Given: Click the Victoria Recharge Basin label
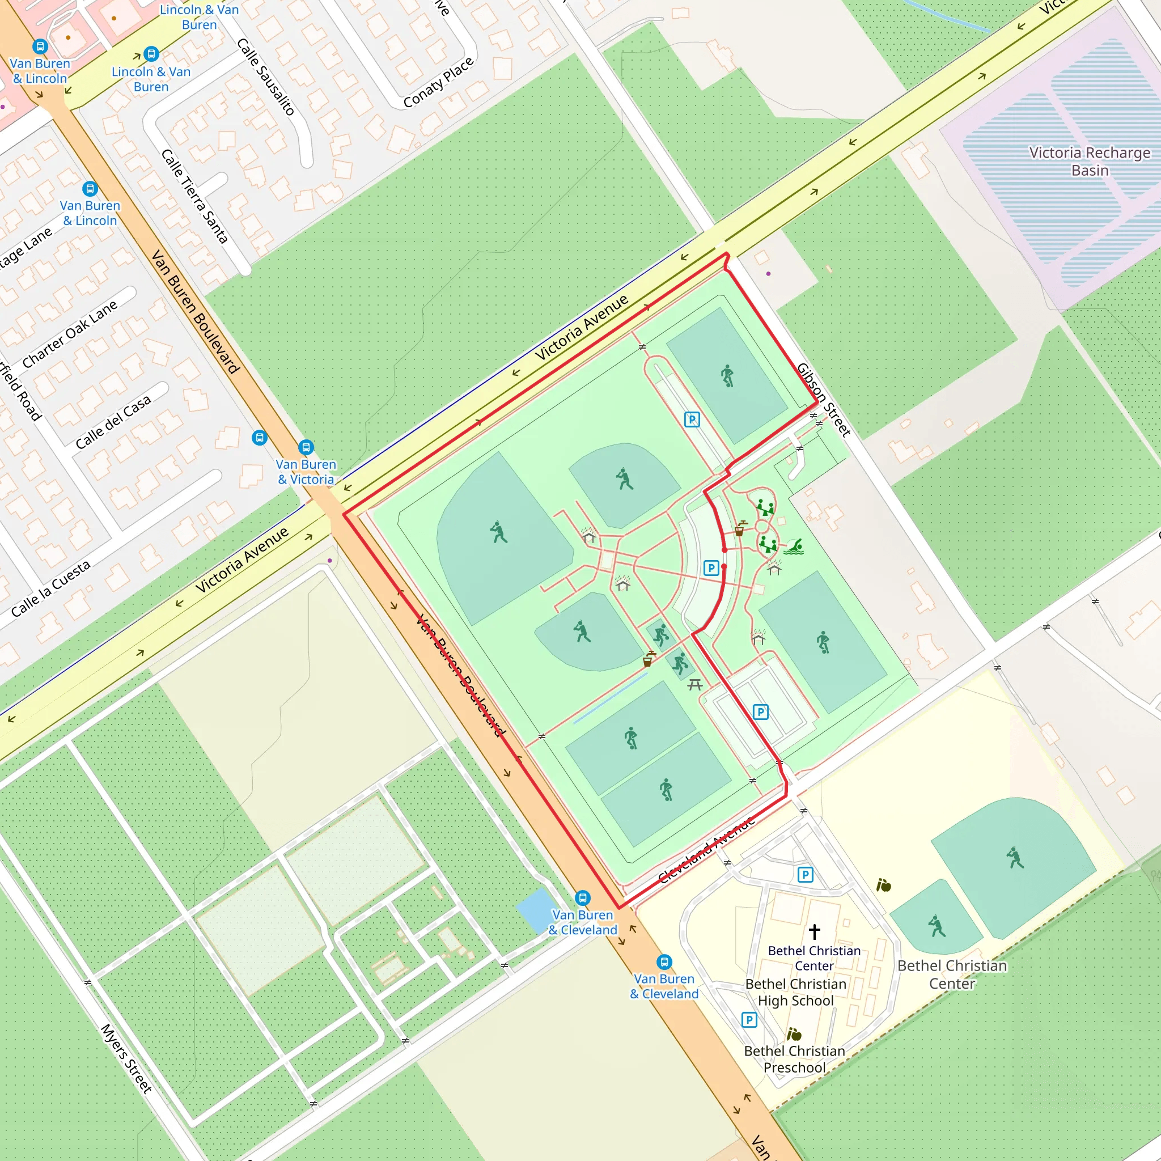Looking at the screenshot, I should pyautogui.click(x=1089, y=161).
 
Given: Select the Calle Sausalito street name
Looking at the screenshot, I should pyautogui.click(x=266, y=77).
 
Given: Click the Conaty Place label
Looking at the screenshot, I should pyautogui.click(x=438, y=82).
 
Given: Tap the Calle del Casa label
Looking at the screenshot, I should pyautogui.click(x=113, y=422).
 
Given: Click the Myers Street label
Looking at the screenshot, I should pyautogui.click(x=126, y=1058).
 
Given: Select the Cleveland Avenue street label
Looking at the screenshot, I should pyautogui.click(x=706, y=850).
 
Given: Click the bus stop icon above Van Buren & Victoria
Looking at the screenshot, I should pyautogui.click(x=306, y=447).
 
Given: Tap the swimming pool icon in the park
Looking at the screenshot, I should pyautogui.click(x=794, y=547).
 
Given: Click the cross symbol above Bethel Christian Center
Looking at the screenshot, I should pyautogui.click(x=814, y=931).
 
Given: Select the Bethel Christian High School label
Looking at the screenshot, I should pyautogui.click(x=795, y=992).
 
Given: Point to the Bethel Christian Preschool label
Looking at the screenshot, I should pyautogui.click(x=794, y=1059).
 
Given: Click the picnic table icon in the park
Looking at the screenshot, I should pyautogui.click(x=695, y=684).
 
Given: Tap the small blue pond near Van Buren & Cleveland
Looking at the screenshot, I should pyautogui.click(x=536, y=909).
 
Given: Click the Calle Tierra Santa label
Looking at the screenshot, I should pyautogui.click(x=194, y=197).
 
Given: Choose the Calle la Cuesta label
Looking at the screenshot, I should pyautogui.click(x=50, y=588).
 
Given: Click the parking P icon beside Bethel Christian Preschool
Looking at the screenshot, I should pyautogui.click(x=749, y=1020).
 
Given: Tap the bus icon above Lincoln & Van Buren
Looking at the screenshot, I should pyautogui.click(x=151, y=54).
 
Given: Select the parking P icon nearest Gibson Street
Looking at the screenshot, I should pyautogui.click(x=692, y=420).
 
